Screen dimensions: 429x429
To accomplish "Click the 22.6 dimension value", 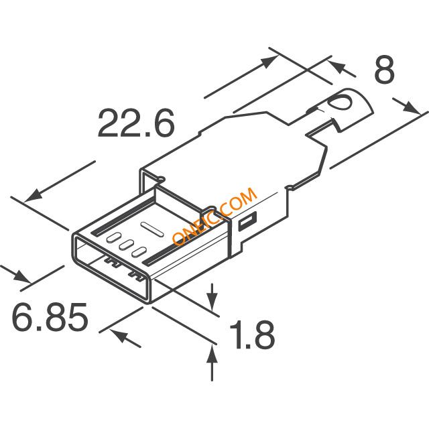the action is [136, 123].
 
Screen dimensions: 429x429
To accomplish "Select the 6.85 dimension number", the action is [50, 317].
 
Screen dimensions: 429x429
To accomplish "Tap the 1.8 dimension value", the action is [252, 335].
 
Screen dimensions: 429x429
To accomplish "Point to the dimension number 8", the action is [384, 70].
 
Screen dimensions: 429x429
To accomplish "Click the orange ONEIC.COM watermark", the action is [215, 216].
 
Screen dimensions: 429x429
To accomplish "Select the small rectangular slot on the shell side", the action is [248, 221].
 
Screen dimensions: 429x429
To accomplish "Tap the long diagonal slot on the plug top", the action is [152, 229].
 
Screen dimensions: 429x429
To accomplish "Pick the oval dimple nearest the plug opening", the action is [139, 252].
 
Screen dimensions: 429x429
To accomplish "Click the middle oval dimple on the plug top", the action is [127, 244].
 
